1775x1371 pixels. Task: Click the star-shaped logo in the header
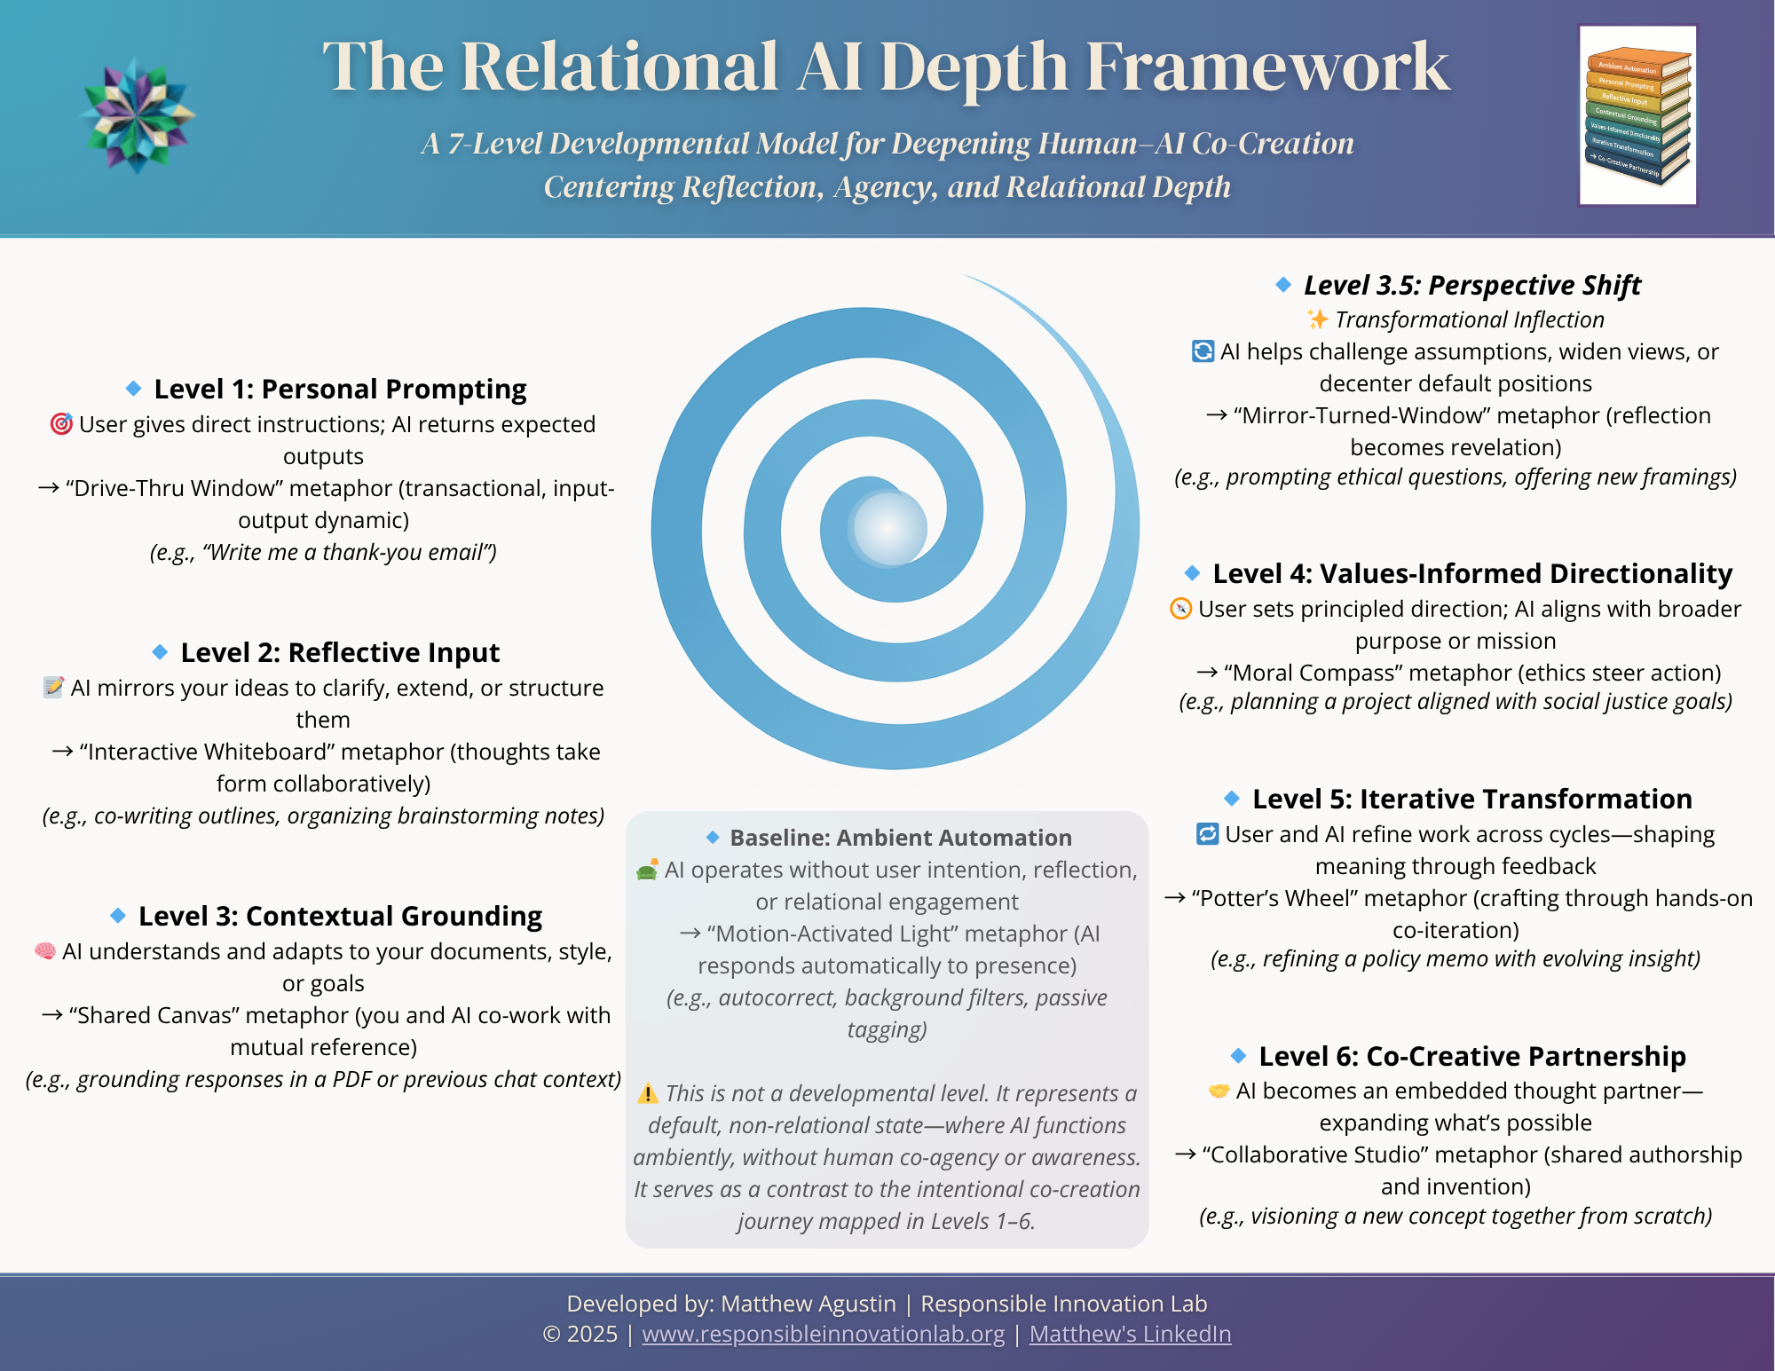pyautogui.click(x=137, y=115)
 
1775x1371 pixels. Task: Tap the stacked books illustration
pyautogui.click(x=1637, y=115)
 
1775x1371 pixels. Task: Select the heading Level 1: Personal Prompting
pyautogui.click(x=340, y=389)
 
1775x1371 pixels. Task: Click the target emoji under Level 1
pyautogui.click(x=61, y=424)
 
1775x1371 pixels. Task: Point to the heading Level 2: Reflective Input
pyautogui.click(x=340, y=652)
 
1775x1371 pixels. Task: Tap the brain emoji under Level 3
pyautogui.click(x=45, y=951)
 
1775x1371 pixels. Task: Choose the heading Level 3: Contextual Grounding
pyautogui.click(x=340, y=916)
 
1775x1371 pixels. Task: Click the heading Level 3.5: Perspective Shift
pyautogui.click(x=1471, y=285)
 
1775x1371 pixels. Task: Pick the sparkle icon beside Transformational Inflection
pyautogui.click(x=1317, y=319)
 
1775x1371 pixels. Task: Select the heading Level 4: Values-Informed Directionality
pyautogui.click(x=1472, y=573)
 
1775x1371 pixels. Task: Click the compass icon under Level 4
pyautogui.click(x=1180, y=609)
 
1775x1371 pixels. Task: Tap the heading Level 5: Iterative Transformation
pyautogui.click(x=1471, y=799)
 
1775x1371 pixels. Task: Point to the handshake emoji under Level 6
pyautogui.click(x=1219, y=1091)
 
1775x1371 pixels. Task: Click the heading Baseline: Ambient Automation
pyautogui.click(x=900, y=838)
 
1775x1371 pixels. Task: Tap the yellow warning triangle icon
pyautogui.click(x=648, y=1093)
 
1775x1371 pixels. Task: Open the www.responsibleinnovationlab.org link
pyautogui.click(x=823, y=1334)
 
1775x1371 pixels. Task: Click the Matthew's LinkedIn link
pyautogui.click(x=1130, y=1334)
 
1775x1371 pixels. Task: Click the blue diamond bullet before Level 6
pyautogui.click(x=1239, y=1056)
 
